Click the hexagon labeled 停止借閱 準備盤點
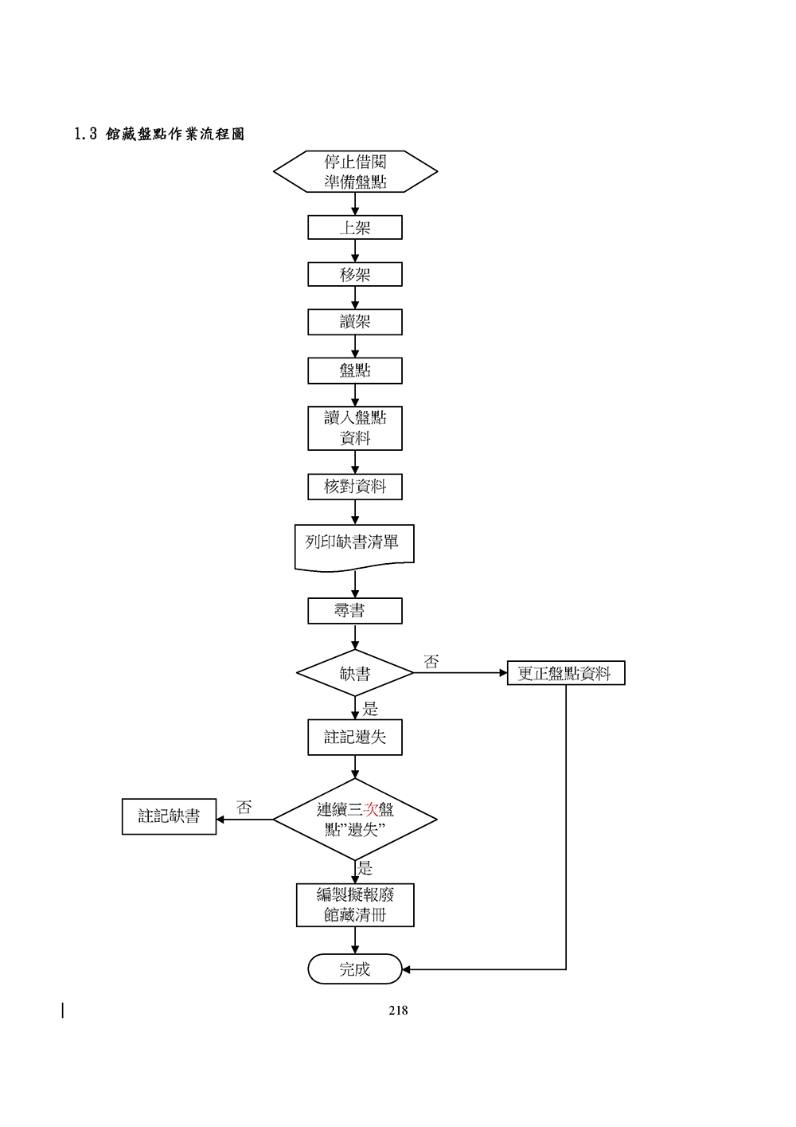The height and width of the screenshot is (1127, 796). coord(355,172)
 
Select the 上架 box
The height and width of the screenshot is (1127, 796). coord(355,228)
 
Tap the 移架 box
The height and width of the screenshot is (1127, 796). coord(355,275)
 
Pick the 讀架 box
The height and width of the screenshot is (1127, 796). coord(355,322)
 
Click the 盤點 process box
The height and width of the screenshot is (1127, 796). coord(355,370)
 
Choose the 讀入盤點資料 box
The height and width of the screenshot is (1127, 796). coord(355,428)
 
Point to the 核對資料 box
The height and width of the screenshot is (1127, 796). coord(355,487)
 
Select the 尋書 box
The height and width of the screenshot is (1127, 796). coord(355,611)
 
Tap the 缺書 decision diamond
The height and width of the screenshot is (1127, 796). coord(355,674)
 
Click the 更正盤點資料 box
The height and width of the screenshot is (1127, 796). coord(566,673)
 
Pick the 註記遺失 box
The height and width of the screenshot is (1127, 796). coord(355,738)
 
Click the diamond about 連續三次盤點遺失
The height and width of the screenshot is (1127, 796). coord(355,820)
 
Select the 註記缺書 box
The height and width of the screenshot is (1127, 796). coord(169,816)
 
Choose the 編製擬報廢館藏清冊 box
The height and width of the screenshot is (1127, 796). coord(355,905)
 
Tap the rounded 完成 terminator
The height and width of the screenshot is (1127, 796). coord(355,969)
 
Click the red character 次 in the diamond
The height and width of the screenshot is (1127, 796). coord(370,810)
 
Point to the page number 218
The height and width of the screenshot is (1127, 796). coord(398,1011)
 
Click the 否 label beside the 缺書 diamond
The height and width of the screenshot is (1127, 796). coord(431,662)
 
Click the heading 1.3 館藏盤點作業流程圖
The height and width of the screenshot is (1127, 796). coord(159,134)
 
